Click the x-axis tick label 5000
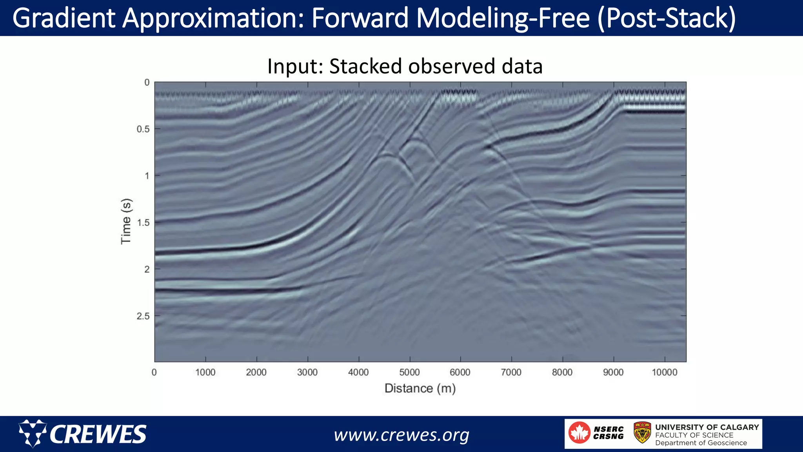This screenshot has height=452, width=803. pos(409,372)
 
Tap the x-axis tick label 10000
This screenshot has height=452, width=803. pos(664,372)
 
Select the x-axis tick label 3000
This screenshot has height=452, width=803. pos(307,372)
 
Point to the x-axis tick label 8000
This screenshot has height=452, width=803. pos(562,372)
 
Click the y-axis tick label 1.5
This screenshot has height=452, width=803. pos(143,223)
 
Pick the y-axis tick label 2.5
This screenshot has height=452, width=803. pos(143,316)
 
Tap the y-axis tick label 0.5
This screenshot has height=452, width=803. pos(143,129)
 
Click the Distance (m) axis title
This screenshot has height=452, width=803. pos(420,388)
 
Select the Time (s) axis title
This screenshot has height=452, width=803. pos(126,222)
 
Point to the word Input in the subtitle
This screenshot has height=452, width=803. pos(294,66)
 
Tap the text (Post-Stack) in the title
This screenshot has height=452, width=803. pos(666,18)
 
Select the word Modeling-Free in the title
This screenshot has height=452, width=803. pos(503,18)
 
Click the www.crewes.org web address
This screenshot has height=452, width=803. pos(401,435)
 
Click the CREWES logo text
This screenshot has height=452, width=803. pos(98,434)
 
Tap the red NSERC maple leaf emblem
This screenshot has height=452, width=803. pos(579,433)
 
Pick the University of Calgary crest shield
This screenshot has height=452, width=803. pos(642,432)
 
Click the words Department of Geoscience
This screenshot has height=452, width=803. pos(701,443)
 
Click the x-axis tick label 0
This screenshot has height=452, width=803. pos(154,372)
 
